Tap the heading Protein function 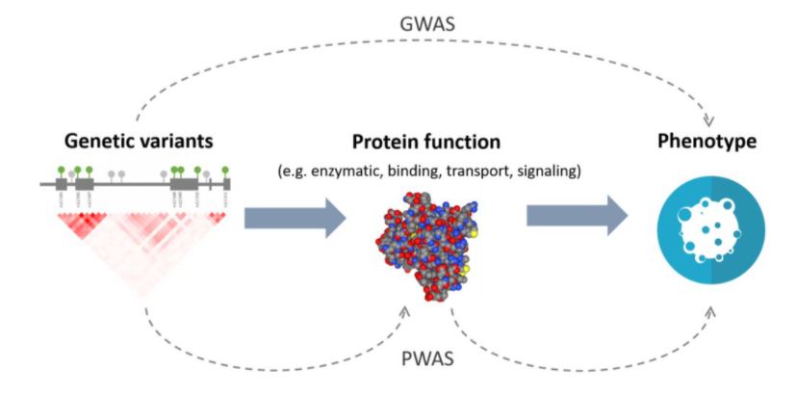tap(425, 142)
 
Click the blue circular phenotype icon tap(709, 234)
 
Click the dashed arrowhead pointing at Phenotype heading tap(711, 119)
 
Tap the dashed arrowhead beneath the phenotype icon tap(710, 311)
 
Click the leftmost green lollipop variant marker tap(62, 171)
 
